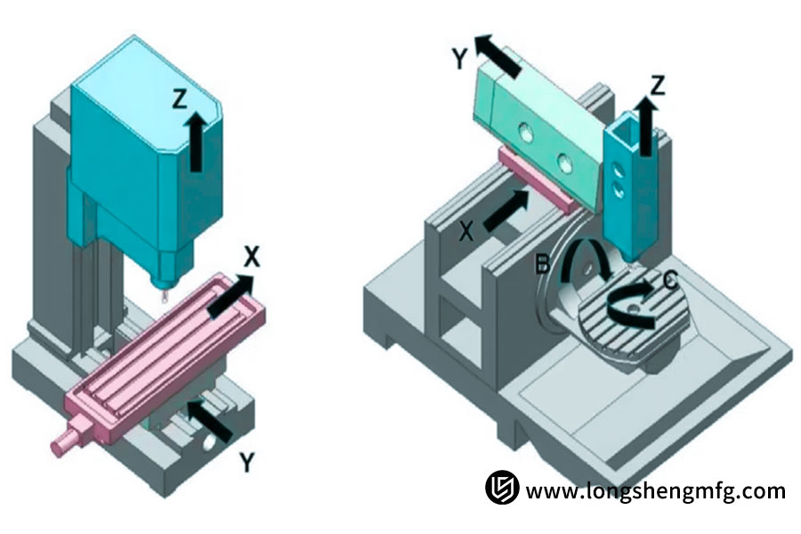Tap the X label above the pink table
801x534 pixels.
click(252, 258)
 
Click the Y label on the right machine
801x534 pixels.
click(459, 58)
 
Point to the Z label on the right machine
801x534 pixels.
click(658, 85)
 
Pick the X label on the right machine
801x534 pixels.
click(466, 231)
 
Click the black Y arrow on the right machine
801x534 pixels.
click(498, 55)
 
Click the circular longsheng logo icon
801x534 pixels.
click(502, 489)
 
